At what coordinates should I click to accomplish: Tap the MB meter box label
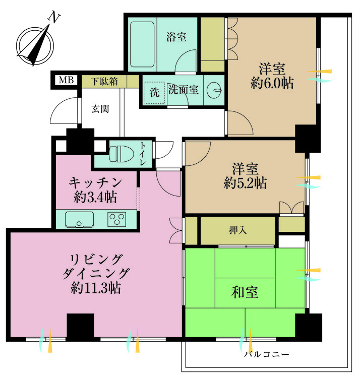click(66, 80)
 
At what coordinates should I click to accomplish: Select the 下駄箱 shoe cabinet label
click(104, 81)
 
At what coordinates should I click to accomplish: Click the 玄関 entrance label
click(100, 108)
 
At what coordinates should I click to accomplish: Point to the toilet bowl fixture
click(119, 153)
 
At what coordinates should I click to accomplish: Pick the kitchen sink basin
click(79, 220)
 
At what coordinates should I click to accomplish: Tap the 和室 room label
click(246, 292)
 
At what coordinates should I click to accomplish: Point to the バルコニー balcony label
click(266, 354)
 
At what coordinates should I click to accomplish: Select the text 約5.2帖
click(245, 182)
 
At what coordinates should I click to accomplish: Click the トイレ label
click(143, 155)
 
